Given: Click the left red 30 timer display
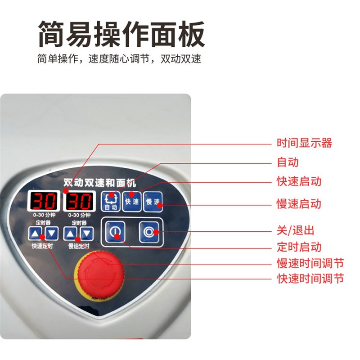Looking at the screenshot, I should pyautogui.click(x=43, y=201).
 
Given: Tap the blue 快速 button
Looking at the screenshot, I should pyautogui.click(x=131, y=202).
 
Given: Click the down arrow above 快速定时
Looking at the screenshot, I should pyautogui.click(x=52, y=233).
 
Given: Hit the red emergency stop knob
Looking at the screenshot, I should pyautogui.click(x=98, y=270).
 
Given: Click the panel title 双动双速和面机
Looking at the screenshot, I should pyautogui.click(x=99, y=184).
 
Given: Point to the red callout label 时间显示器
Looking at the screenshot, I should pyautogui.click(x=304, y=144).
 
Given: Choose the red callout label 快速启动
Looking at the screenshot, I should pyautogui.click(x=299, y=181).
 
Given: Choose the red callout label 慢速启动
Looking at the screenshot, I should pyautogui.click(x=299, y=203).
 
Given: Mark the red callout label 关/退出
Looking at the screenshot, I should pyautogui.click(x=295, y=230).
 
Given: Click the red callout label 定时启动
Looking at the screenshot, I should pyautogui.click(x=299, y=247).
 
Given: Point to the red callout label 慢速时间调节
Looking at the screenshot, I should pyautogui.click(x=310, y=263).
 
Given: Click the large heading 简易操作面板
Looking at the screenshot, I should pyautogui.click(x=121, y=34).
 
